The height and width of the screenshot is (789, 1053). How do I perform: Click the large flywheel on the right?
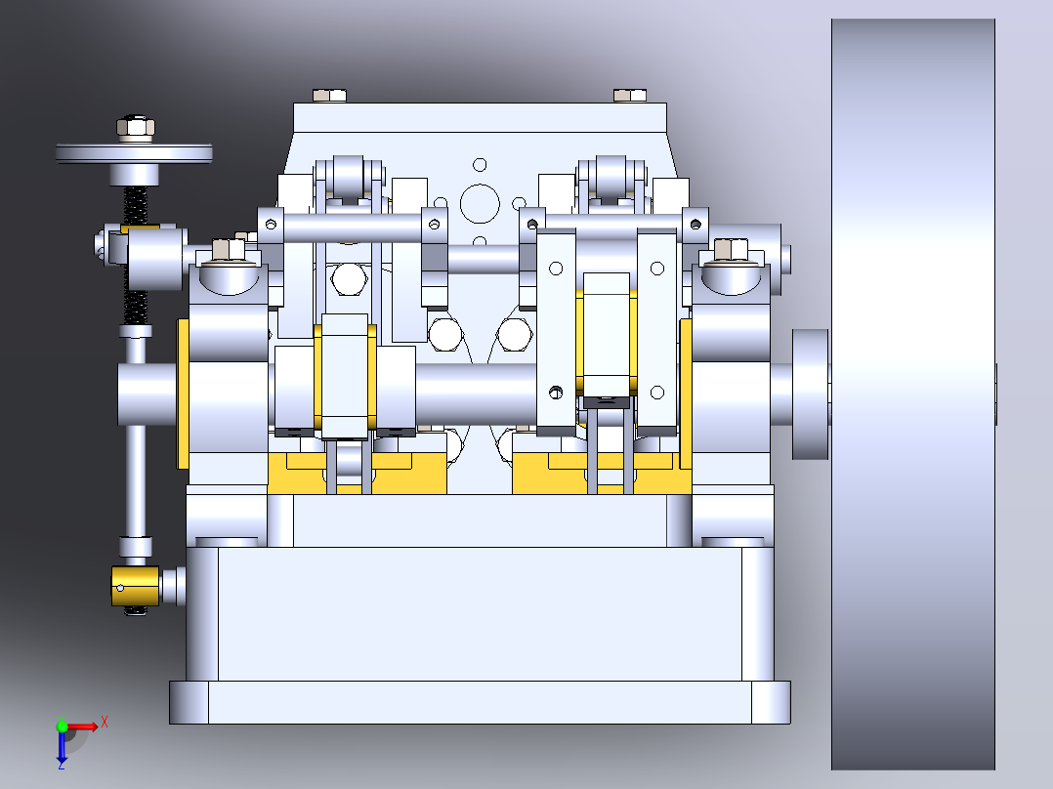pos(913,394)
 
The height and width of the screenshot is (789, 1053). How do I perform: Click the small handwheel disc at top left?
pos(135,153)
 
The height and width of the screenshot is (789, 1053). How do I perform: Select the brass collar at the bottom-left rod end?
pos(136,586)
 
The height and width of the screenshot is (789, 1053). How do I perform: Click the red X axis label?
pos(105,723)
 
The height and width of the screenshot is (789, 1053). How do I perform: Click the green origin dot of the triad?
pos(62,726)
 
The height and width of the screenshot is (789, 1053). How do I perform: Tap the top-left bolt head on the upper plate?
pos(330,96)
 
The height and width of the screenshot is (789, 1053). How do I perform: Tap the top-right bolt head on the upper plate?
pos(630,96)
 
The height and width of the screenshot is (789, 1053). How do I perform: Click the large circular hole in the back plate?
pos(480,203)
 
